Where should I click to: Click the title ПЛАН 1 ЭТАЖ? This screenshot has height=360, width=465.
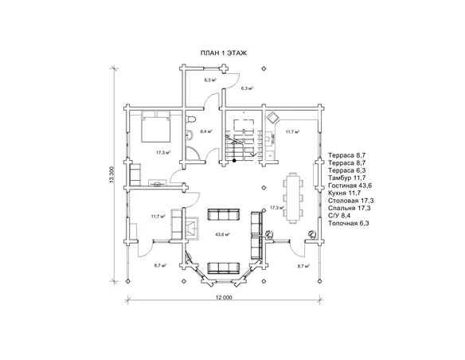point(224,53)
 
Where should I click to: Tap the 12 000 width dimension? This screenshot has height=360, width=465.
point(224,297)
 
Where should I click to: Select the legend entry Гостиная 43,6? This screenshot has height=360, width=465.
point(350,186)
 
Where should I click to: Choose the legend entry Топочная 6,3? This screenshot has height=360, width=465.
point(349,223)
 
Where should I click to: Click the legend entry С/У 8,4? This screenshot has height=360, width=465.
point(339,216)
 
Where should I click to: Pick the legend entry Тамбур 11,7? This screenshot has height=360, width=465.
point(347,178)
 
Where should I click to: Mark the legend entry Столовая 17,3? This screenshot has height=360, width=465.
point(351,201)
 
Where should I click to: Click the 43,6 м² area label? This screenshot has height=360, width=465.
point(223,234)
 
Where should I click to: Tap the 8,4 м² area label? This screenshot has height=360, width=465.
point(205,131)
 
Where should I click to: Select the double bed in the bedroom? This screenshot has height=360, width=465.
point(156,126)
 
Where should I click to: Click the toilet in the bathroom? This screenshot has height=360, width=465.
point(190,119)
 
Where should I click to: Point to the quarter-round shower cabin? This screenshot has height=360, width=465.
point(192,154)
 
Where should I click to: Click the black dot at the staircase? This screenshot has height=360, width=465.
point(234,161)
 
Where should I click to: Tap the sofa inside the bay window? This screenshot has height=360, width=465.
point(223,268)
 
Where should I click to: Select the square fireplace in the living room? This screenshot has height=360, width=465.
point(192,228)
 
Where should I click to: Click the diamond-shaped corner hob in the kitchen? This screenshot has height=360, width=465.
point(272,118)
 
